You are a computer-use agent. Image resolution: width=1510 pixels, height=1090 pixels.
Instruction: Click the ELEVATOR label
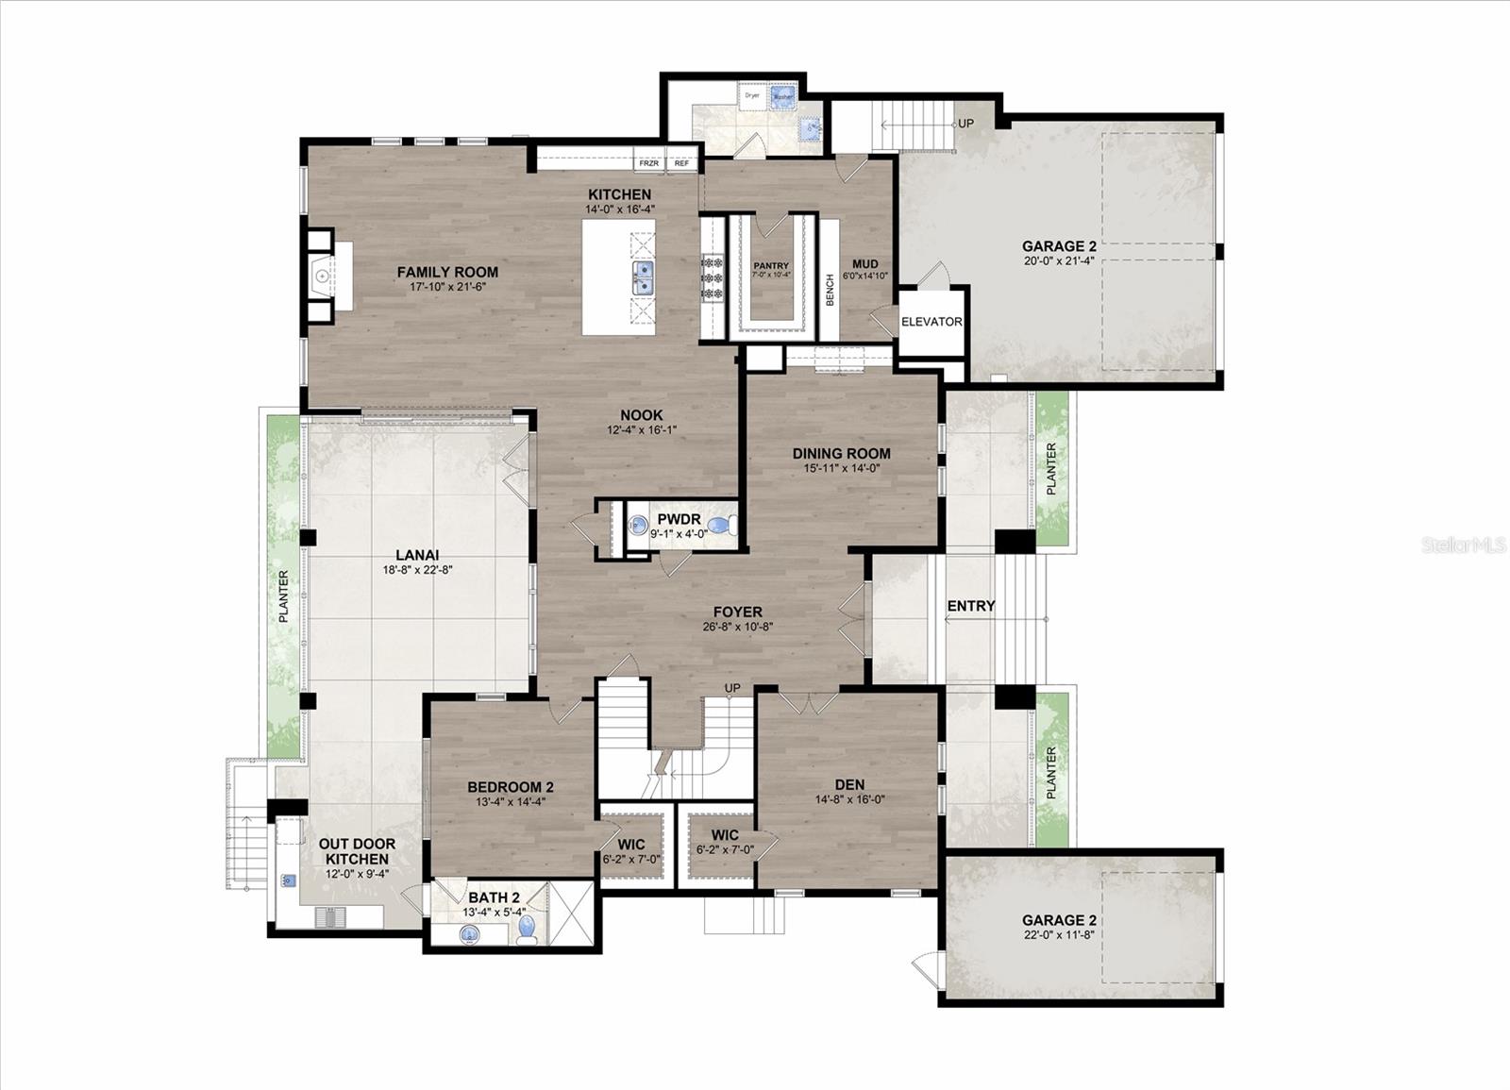pyautogui.click(x=931, y=322)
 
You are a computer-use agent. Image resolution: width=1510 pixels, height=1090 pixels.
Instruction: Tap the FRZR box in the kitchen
pyautogui.click(x=648, y=163)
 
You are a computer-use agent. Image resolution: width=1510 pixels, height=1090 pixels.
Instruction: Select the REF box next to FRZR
pyautogui.click(x=681, y=163)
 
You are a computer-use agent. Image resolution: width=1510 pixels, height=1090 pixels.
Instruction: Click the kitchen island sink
pyautogui.click(x=643, y=277)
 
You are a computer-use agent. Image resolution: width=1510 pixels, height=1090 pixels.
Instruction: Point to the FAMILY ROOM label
pyautogui.click(x=447, y=272)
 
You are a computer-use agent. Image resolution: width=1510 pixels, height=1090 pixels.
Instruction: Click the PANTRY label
pyautogui.click(x=771, y=266)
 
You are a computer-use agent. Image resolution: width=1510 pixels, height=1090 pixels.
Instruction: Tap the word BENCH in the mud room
pyautogui.click(x=830, y=290)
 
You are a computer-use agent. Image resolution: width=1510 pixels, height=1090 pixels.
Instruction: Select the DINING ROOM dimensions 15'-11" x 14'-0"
pyautogui.click(x=841, y=467)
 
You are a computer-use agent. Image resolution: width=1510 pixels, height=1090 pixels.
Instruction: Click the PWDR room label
pyautogui.click(x=679, y=519)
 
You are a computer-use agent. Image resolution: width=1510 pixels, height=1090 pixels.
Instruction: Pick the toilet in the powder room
pyautogui.click(x=721, y=527)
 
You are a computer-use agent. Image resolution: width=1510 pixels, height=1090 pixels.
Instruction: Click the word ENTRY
pyautogui.click(x=970, y=606)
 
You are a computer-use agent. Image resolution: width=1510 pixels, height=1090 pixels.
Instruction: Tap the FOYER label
pyautogui.click(x=737, y=612)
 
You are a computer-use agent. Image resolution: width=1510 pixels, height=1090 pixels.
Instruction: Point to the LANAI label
pyautogui.click(x=417, y=555)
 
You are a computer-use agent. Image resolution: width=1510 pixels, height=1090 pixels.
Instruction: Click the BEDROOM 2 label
pyautogui.click(x=511, y=787)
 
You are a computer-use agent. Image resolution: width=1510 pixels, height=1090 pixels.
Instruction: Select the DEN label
pyautogui.click(x=849, y=784)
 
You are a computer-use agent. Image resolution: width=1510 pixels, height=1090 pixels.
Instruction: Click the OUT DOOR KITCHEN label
pyautogui.click(x=357, y=851)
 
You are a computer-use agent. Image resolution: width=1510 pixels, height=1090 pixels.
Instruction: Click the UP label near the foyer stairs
pyautogui.click(x=732, y=688)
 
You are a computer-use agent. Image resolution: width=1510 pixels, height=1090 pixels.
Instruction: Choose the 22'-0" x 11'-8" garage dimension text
pyautogui.click(x=1059, y=935)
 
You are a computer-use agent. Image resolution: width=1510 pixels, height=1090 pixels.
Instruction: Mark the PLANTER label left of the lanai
pyautogui.click(x=283, y=595)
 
